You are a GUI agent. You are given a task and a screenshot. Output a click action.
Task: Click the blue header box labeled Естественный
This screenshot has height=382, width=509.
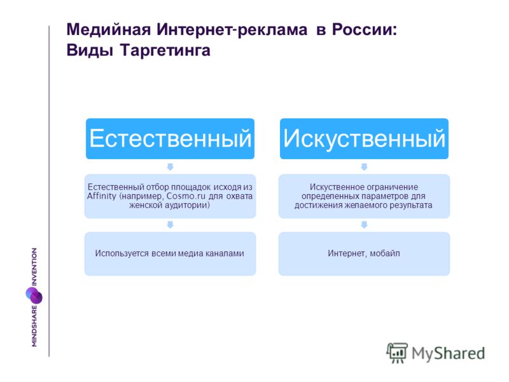coord(170,139)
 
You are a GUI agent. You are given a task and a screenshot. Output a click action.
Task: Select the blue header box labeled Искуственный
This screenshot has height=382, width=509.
coord(364,139)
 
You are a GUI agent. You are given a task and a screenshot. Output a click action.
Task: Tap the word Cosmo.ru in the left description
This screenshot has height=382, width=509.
coord(186,196)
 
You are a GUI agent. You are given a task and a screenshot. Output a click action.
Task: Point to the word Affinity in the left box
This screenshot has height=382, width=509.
coord(102,196)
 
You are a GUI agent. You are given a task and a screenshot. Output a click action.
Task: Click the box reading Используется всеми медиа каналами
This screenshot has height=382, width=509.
coord(170,253)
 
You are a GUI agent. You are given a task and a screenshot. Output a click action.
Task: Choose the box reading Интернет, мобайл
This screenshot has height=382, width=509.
coord(364,253)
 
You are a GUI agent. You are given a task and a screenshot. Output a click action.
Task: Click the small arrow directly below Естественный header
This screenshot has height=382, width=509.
coord(170,167)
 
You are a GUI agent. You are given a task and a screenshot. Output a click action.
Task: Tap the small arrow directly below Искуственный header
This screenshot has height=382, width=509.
coord(364,167)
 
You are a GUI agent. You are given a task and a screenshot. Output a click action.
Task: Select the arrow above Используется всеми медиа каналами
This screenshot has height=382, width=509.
coord(170,225)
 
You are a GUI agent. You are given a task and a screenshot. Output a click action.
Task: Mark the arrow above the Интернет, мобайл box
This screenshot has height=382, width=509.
coord(364,225)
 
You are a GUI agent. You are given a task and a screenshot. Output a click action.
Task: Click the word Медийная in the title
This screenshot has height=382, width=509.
coord(109,30)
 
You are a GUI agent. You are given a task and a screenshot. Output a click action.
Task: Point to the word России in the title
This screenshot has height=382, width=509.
coord(364,29)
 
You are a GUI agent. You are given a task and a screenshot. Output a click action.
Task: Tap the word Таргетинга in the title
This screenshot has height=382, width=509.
coord(165,51)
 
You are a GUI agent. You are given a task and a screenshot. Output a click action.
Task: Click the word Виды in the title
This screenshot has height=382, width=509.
coord(90,51)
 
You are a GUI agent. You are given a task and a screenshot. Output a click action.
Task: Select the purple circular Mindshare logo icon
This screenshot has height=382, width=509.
coord(34,295)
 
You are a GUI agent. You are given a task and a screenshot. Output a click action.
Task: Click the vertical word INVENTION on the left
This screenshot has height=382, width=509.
coord(34,267)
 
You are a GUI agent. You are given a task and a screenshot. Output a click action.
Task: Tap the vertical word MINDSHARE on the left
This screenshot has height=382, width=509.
coord(34,326)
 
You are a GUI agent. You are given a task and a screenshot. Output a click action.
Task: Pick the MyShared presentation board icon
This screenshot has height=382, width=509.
coord(397,353)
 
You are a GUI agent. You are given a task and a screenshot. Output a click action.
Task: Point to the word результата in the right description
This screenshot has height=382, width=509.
coord(412,205)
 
